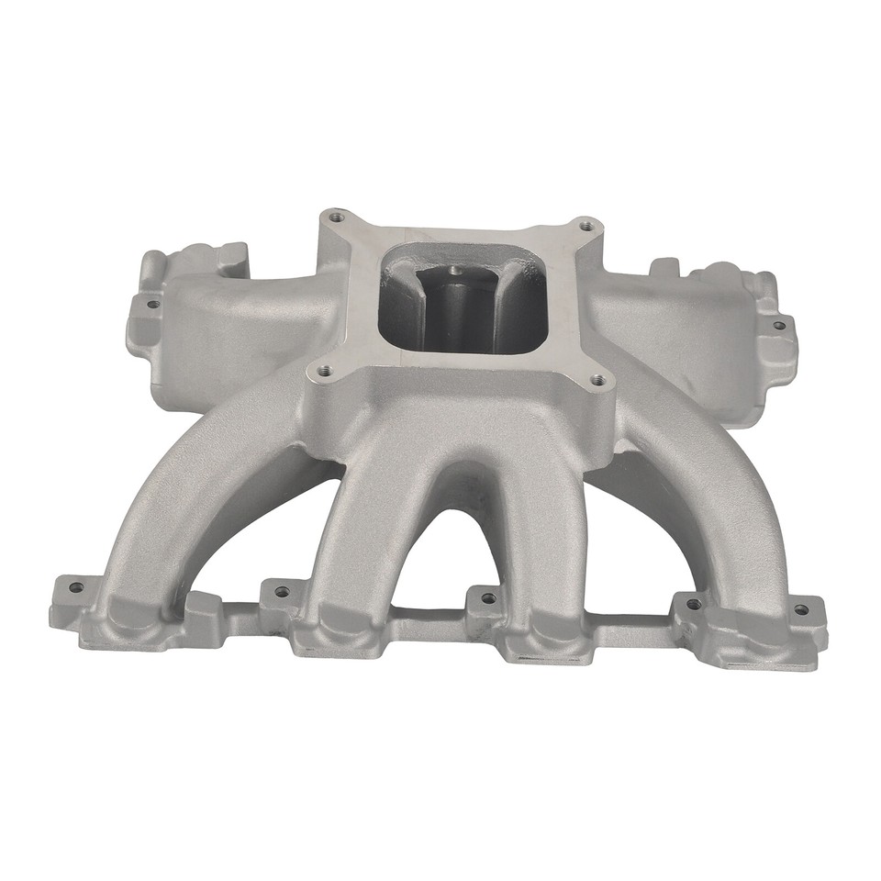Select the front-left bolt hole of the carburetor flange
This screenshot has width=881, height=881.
pos(321,372)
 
